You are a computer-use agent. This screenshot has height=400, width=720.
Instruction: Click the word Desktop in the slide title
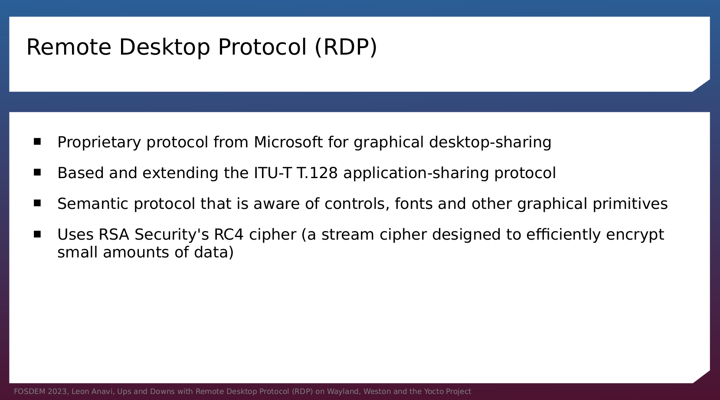click(x=164, y=48)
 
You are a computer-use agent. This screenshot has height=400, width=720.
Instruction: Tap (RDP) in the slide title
click(x=346, y=48)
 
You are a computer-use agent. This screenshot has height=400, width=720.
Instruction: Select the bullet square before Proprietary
click(x=37, y=141)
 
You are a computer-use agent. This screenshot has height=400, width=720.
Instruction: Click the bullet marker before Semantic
click(x=37, y=203)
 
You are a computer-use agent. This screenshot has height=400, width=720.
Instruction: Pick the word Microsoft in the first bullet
click(x=288, y=142)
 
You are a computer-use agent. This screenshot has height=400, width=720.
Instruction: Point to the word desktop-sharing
click(x=490, y=143)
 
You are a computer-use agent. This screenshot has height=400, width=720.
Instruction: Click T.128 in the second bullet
click(x=317, y=173)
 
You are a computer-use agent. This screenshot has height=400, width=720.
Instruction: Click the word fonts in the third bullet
click(x=414, y=204)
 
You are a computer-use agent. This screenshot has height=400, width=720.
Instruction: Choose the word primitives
click(x=630, y=204)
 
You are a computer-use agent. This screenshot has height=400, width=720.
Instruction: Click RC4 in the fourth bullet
click(x=229, y=234)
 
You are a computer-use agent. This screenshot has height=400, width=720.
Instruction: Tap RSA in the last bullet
click(x=114, y=234)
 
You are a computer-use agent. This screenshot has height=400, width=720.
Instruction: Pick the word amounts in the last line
click(x=136, y=253)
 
